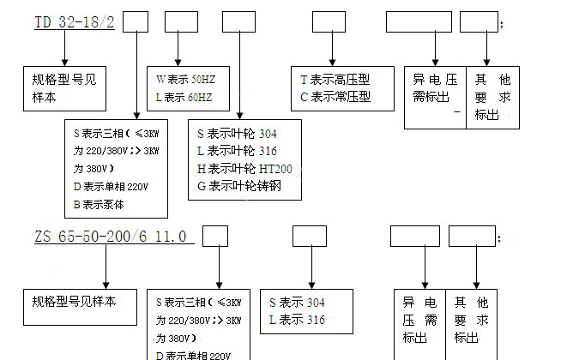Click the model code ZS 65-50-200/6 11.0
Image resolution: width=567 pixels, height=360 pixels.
coord(111,235)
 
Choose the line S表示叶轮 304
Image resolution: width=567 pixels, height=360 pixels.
coord(238,134)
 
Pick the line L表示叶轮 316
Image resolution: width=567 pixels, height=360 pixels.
coord(238,151)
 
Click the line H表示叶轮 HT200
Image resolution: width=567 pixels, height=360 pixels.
coord(244,168)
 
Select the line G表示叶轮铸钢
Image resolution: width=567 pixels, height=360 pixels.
coord(239,185)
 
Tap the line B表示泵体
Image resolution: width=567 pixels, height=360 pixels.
coord(99,205)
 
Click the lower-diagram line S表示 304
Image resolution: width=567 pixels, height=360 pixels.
coord(298,303)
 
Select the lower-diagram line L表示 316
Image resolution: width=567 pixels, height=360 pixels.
coord(298,320)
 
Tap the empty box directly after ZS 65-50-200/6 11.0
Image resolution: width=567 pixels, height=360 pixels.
coord(214,235)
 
